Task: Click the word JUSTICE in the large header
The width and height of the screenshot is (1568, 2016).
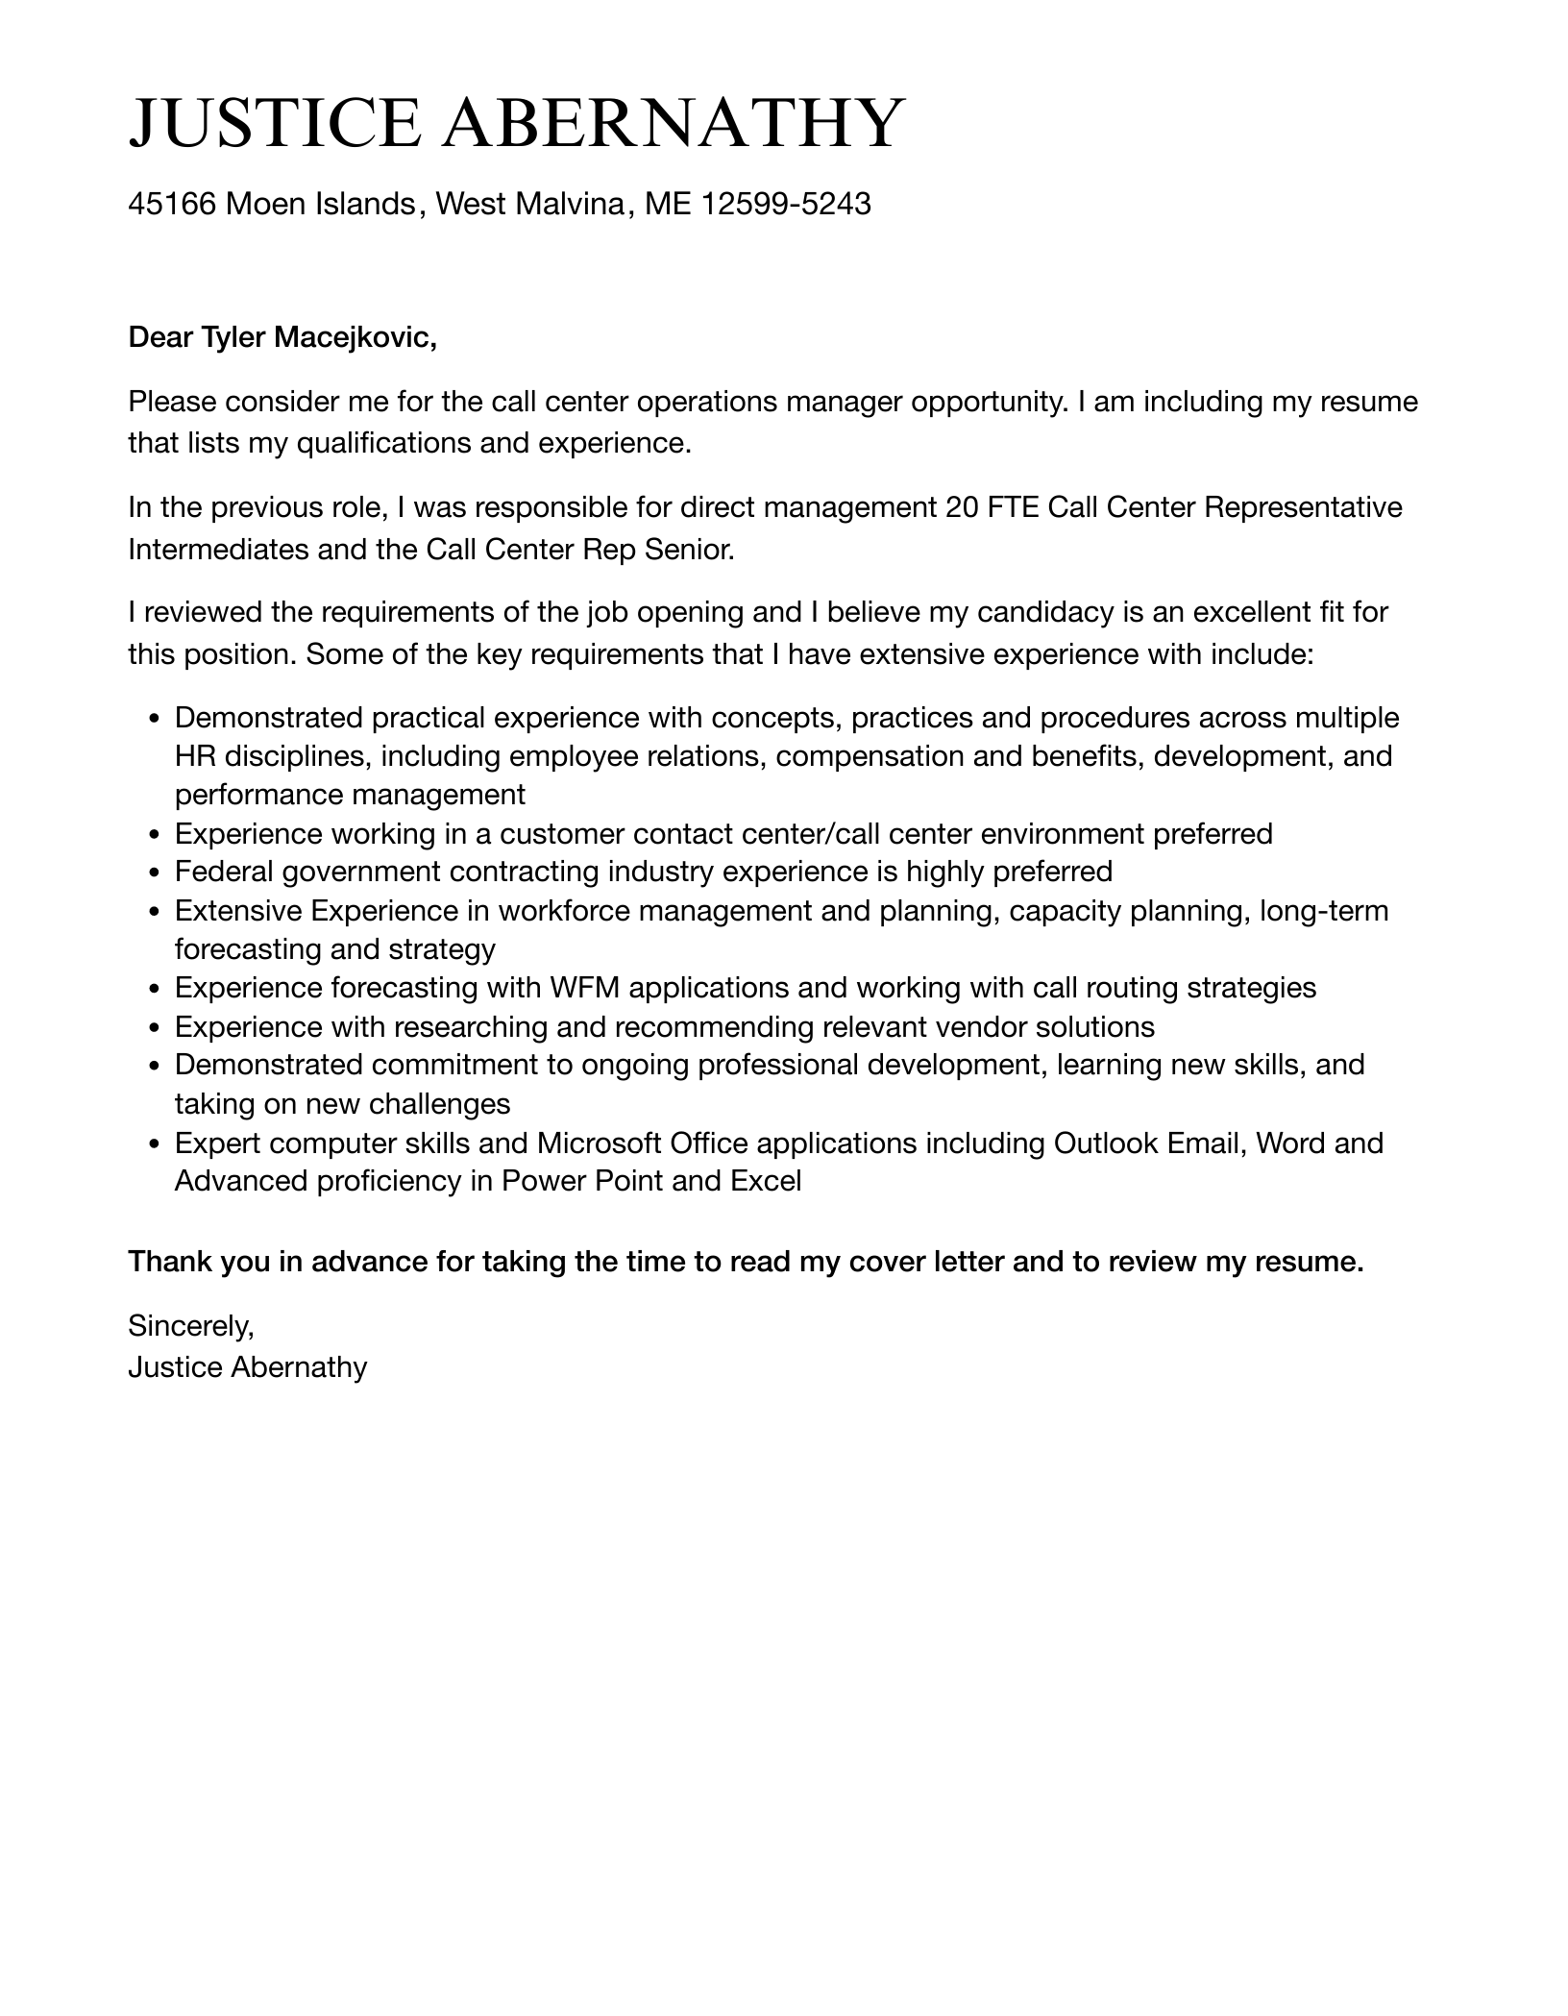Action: point(274,123)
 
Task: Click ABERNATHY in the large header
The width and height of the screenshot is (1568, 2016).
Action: point(673,123)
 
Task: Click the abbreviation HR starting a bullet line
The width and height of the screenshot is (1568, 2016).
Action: point(195,756)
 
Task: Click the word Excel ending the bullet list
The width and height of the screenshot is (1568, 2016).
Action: point(765,1180)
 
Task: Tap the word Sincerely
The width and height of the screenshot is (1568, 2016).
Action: point(190,1326)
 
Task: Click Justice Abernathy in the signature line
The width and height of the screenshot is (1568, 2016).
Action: point(247,1367)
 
